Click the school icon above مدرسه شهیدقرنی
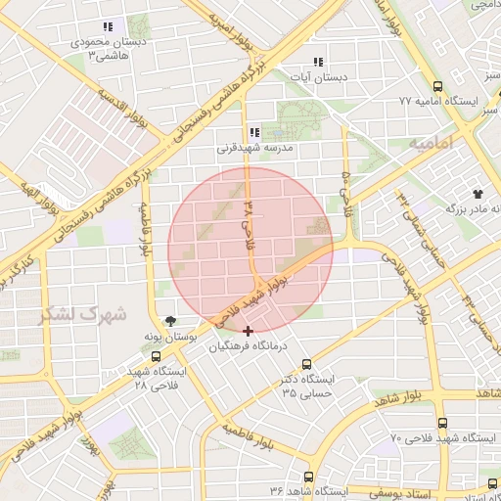[253, 133]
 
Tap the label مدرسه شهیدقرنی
[255, 150]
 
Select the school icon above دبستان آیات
[316, 62]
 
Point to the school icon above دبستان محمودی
[107, 27]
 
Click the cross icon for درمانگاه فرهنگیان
[248, 331]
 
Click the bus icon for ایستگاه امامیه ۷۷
[436, 86]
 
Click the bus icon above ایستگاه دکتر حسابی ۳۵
[307, 364]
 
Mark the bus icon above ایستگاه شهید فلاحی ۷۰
[442, 424]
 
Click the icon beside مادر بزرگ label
[478, 195]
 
